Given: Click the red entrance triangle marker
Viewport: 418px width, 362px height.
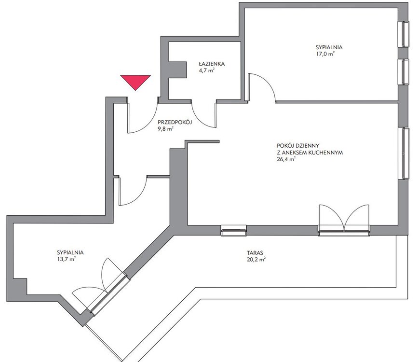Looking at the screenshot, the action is pyautogui.click(x=135, y=82).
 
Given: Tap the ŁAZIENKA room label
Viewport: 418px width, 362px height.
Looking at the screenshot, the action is pyautogui.click(x=212, y=64).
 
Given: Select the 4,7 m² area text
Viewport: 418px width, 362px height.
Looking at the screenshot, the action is pyautogui.click(x=207, y=70).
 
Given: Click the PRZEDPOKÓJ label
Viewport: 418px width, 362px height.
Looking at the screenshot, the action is pyautogui.click(x=175, y=122).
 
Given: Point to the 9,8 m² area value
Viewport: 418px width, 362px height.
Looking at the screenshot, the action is pyautogui.click(x=165, y=129).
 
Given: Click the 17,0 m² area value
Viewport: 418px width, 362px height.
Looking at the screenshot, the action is pyautogui.click(x=325, y=54).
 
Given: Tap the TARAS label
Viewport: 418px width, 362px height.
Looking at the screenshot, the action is pyautogui.click(x=255, y=252).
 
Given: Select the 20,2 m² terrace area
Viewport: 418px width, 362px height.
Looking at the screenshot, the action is pyautogui.click(x=256, y=259).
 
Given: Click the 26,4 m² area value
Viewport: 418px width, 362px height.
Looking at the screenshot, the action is pyautogui.click(x=286, y=160).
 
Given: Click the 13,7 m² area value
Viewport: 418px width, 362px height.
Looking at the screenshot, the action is pyautogui.click(x=67, y=259).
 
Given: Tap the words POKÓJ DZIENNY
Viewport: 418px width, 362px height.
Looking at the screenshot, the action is pyautogui.click(x=298, y=146).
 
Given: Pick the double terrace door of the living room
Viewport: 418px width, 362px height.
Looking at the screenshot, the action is pyautogui.click(x=344, y=220).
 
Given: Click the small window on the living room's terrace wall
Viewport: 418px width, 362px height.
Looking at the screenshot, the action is pyautogui.click(x=234, y=231).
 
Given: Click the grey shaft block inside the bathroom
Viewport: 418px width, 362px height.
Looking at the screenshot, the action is pyautogui.click(x=177, y=70).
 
